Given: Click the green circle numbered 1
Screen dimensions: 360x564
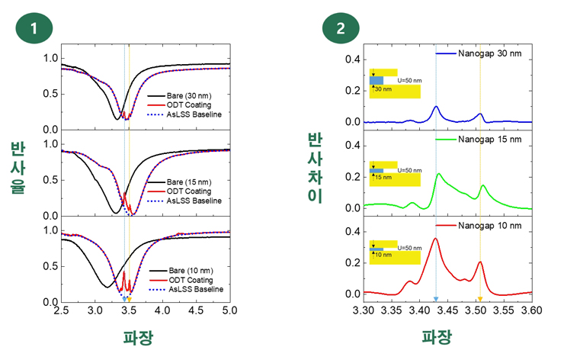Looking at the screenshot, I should tap(34, 28).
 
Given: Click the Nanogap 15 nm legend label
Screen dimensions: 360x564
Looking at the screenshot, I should tap(489, 140).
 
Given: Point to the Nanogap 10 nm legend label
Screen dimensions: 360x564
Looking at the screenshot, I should tap(489, 226).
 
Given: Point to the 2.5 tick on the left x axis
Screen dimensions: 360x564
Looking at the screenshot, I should tap(61, 312).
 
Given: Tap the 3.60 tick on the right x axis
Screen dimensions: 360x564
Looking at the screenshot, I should tap(530, 312).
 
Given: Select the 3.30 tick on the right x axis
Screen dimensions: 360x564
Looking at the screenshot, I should tap(365, 312).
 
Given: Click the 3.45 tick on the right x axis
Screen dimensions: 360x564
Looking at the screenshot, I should tap(448, 312).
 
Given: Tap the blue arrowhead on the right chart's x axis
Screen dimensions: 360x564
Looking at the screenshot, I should tap(436, 299).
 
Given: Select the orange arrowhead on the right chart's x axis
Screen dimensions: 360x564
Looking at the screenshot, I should tap(480, 299).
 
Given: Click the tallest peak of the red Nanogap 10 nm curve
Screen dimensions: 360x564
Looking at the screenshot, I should tap(435, 239).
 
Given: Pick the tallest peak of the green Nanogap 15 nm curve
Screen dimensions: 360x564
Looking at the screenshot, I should tap(438, 174).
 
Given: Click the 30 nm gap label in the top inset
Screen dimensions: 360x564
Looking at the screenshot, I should tap(383, 88).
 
